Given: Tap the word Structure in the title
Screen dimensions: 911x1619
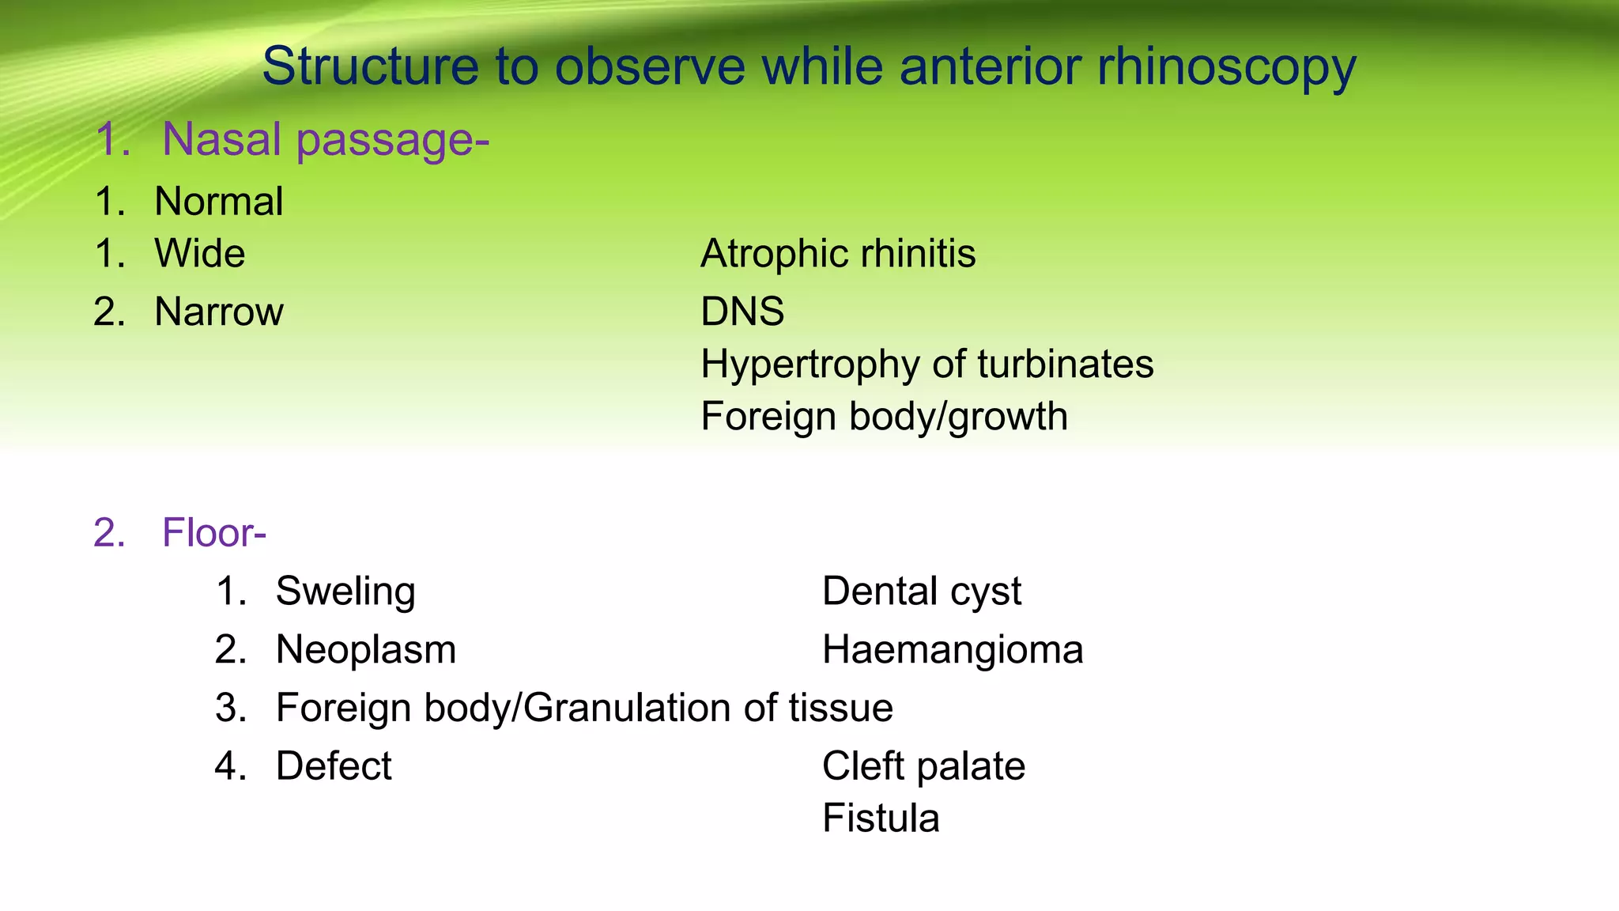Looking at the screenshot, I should click(x=370, y=66).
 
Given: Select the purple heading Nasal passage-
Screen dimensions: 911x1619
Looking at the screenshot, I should click(x=325, y=139).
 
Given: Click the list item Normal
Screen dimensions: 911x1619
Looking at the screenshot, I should click(x=218, y=202).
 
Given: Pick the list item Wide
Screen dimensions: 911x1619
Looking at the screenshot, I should click(x=199, y=255).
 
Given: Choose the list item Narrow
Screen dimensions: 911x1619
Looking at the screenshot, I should click(x=218, y=312).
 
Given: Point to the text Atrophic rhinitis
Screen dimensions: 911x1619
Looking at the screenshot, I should click(x=837, y=255).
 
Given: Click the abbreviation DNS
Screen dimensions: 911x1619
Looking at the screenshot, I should click(x=742, y=312).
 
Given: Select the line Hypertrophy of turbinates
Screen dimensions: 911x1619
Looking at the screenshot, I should click(x=926, y=365).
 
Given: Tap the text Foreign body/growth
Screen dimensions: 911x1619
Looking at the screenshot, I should click(x=883, y=417).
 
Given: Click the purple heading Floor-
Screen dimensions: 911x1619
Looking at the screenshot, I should click(x=213, y=533).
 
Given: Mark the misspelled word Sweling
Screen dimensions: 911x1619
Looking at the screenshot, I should click(x=345, y=592).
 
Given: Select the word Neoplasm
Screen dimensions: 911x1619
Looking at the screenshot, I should click(x=365, y=650).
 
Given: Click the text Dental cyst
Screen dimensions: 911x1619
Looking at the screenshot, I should click(x=921, y=592).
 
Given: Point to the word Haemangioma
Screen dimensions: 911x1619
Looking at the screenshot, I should click(x=952, y=650).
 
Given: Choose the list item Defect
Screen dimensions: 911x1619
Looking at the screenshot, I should click(x=333, y=766).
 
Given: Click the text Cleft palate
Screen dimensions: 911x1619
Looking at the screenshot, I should click(x=923, y=766).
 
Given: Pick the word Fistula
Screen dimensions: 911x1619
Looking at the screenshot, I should click(x=880, y=818).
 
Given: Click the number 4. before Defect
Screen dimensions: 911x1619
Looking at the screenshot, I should click(x=230, y=766).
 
